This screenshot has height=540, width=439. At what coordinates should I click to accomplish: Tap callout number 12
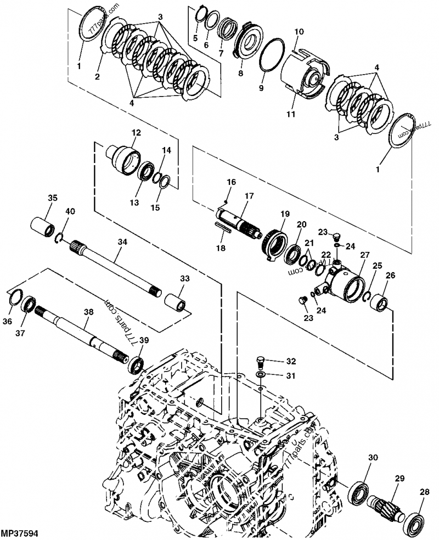136,132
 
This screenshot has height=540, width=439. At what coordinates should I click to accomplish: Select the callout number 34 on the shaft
122,241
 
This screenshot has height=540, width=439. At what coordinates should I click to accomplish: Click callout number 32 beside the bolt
290,361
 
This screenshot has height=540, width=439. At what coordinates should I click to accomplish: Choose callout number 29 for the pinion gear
399,479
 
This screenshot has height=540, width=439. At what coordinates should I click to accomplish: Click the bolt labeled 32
262,362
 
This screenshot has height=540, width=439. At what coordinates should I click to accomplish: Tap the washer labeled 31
261,375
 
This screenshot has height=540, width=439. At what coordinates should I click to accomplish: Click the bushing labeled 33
175,301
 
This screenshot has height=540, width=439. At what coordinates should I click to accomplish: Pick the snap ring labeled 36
16,299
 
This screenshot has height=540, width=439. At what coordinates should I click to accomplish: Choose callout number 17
249,196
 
